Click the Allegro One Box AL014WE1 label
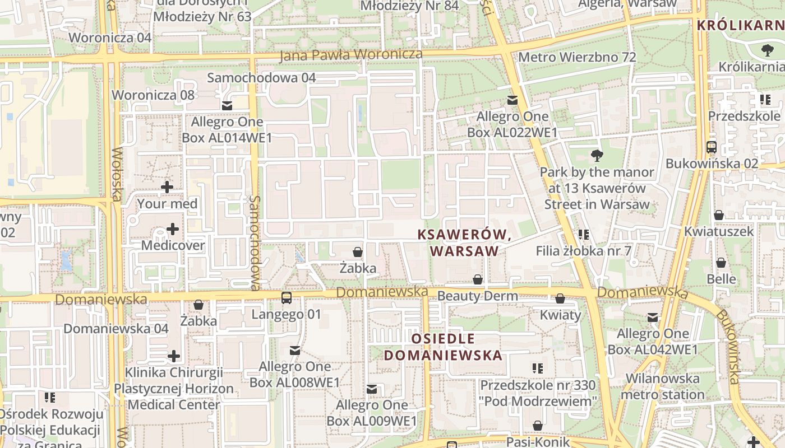point(227,130)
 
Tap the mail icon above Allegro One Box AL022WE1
point(512,100)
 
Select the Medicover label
point(173,245)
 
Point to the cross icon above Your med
point(167,187)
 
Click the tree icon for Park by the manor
point(597,155)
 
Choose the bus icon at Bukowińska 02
point(711,147)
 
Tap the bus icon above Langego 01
point(287,297)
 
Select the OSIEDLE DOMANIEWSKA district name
point(442,347)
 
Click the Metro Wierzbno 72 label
point(577,57)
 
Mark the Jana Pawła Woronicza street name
point(351,54)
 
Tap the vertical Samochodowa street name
point(255,242)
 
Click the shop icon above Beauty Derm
point(478,279)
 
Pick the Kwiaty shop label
point(560,315)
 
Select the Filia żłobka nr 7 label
point(584,250)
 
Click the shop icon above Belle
point(721,262)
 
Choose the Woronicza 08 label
point(153,95)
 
